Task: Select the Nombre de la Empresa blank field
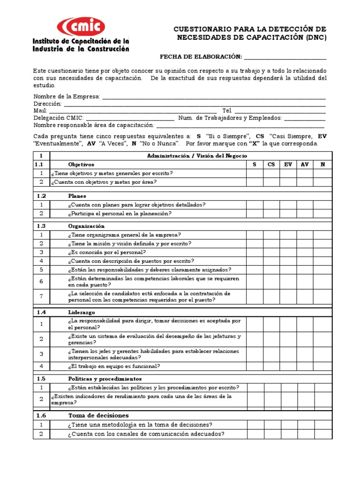213,97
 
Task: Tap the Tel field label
227,111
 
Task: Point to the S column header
255,165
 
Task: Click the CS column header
271,165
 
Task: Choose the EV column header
288,165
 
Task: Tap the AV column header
305,165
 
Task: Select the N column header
322,165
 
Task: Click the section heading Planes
77,196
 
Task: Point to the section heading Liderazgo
82,312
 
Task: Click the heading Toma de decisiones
98,415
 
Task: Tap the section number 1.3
41,226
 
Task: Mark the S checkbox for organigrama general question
255,235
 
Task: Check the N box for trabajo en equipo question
322,366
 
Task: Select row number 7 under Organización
41,296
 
